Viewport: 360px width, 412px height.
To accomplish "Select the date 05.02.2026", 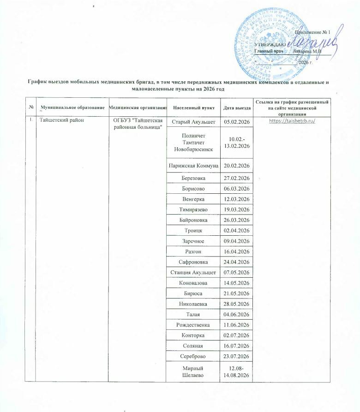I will point(237,122).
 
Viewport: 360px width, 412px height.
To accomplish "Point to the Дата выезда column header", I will point(237,107).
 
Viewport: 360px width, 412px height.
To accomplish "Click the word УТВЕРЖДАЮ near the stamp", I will point(269,44).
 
